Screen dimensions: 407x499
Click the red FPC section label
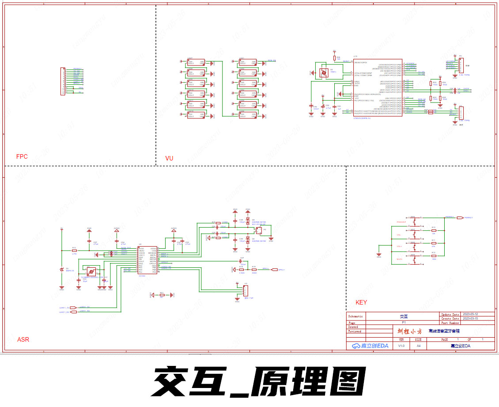[22, 156]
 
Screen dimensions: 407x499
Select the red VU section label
[169, 158]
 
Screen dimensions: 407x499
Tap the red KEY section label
[361, 303]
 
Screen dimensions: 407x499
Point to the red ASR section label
[23, 340]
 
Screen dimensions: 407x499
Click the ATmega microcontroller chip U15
[378, 87]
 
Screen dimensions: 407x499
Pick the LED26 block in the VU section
[247, 115]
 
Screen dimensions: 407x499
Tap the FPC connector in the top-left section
[63, 81]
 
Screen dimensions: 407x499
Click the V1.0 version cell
[401, 346]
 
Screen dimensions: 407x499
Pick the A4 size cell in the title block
[418, 346]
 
